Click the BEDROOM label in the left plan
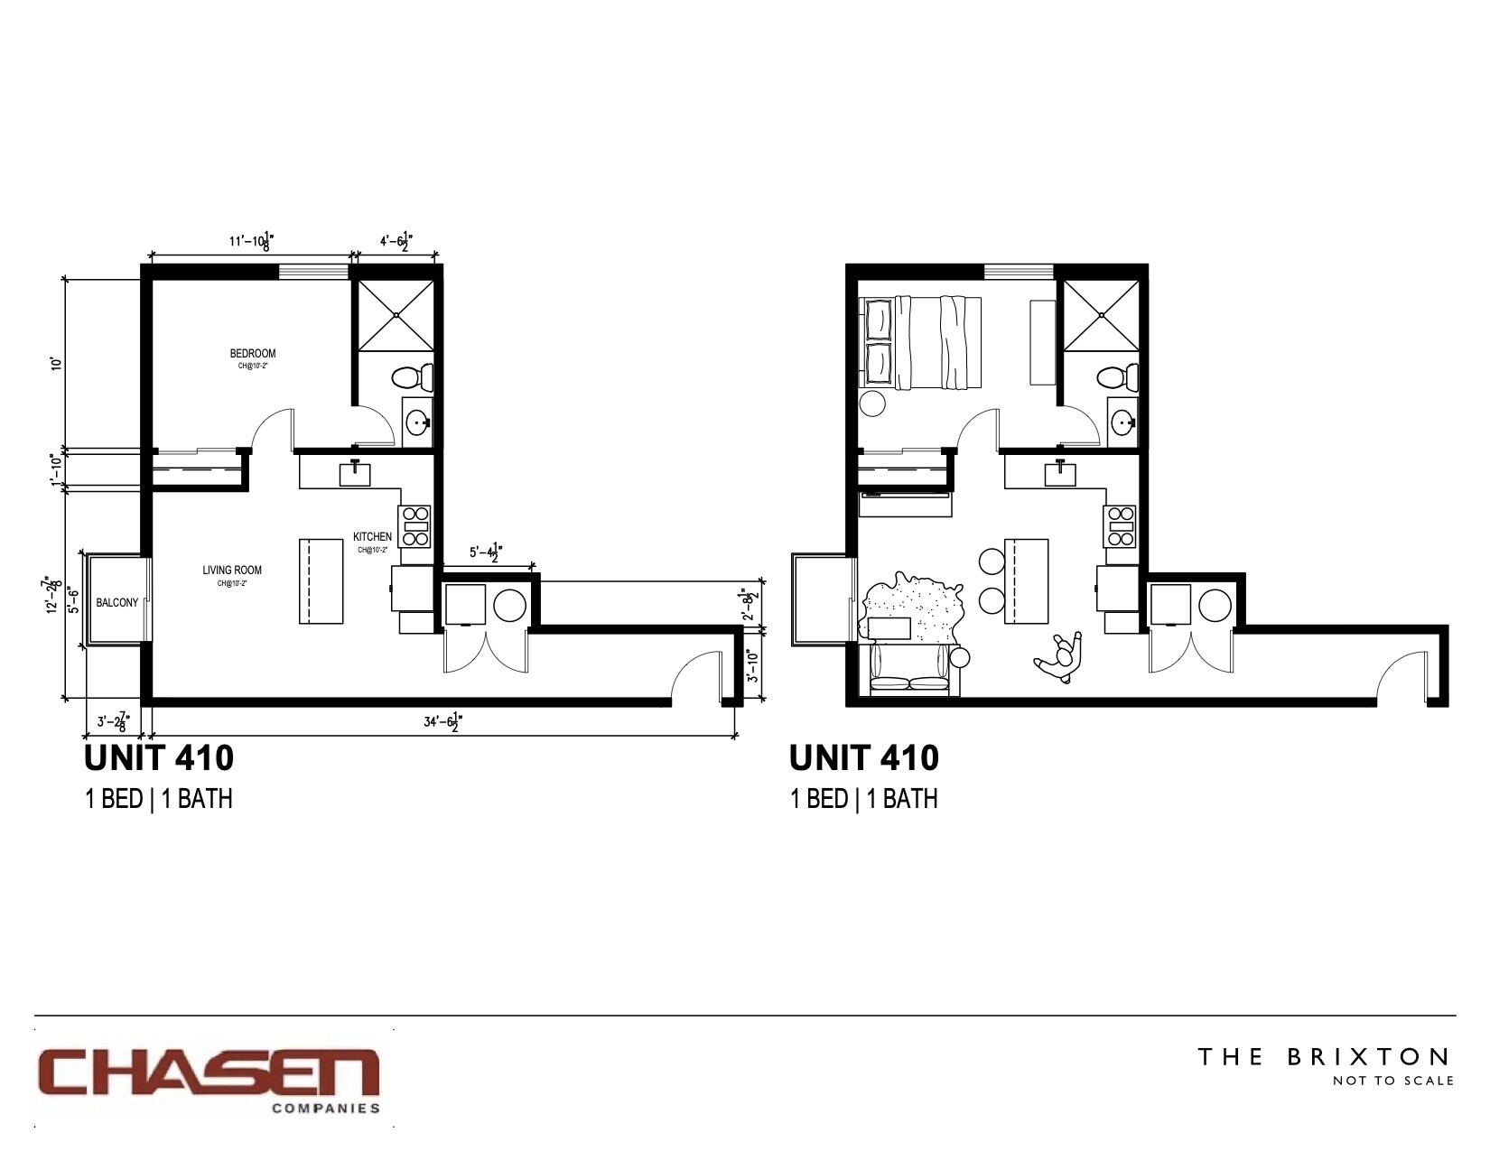point(253,353)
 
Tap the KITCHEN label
point(372,536)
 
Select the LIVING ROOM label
point(232,570)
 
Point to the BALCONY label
point(117,602)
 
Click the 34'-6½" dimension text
point(443,722)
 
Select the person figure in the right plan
point(1060,655)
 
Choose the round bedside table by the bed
point(872,403)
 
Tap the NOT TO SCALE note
point(1393,1081)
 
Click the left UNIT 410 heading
point(159,758)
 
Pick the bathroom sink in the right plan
point(1122,421)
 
